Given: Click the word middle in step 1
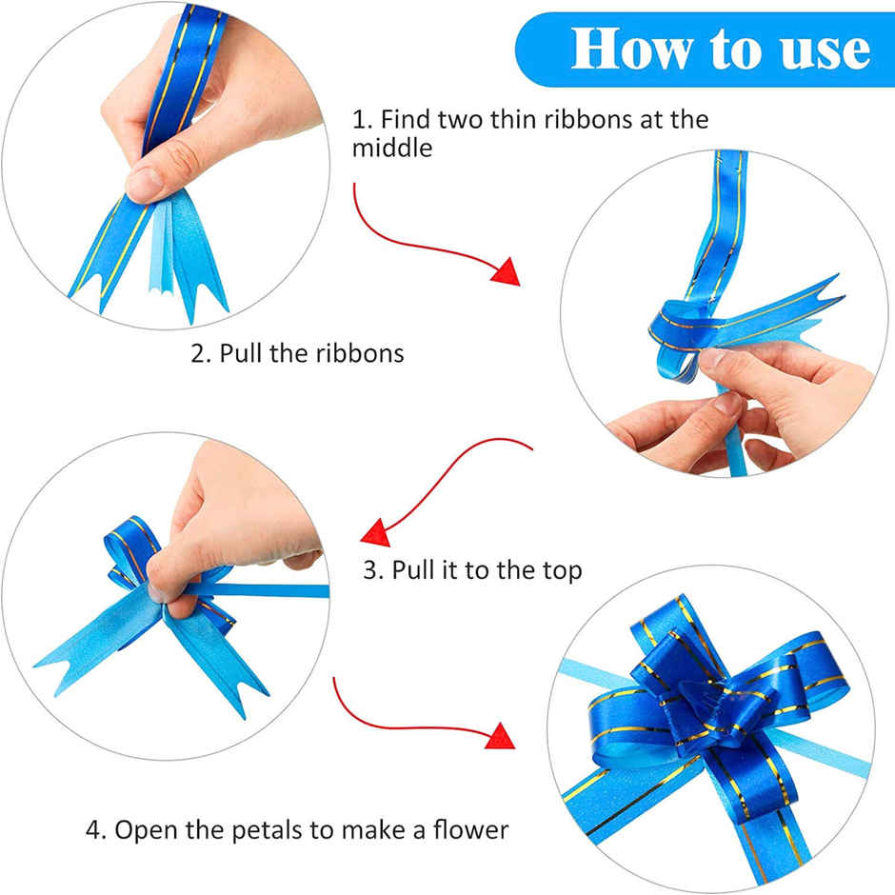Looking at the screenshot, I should (x=392, y=149).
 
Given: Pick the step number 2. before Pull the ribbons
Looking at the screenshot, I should (x=200, y=353).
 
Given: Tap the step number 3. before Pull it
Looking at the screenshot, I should (x=372, y=570).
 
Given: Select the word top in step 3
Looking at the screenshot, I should (x=559, y=571).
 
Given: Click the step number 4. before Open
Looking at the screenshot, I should (x=96, y=829).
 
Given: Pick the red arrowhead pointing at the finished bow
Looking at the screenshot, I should (x=502, y=735).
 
